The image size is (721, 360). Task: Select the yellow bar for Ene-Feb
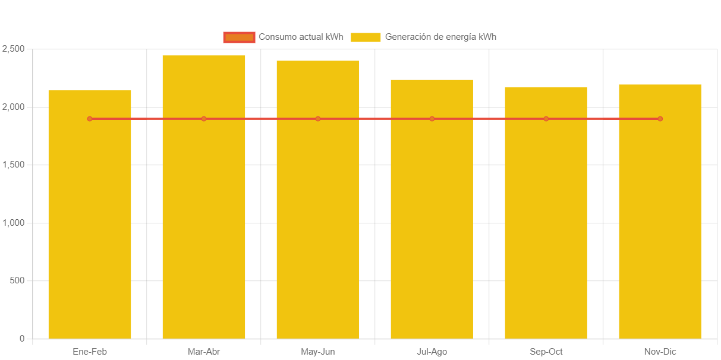(90, 226)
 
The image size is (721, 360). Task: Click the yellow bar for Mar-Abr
(204, 208)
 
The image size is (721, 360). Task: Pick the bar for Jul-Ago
(432, 220)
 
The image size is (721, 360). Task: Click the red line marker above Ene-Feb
(90, 119)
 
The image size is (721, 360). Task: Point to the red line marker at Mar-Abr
(204, 119)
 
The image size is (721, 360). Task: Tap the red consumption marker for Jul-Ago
(432, 119)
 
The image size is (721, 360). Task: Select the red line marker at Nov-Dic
(660, 119)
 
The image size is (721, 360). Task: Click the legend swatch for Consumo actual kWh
(239, 37)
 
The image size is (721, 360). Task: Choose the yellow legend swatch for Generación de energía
(366, 37)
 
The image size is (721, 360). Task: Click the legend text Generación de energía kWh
(440, 37)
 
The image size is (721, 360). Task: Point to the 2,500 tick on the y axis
(13, 49)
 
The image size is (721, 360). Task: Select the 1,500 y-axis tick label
(13, 165)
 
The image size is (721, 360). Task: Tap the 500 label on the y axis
(17, 280)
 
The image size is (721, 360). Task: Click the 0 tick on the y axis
(22, 339)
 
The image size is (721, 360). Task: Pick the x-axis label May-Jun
(318, 352)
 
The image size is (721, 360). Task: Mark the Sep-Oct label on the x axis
(546, 352)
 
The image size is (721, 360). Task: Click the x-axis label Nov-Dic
(660, 352)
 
